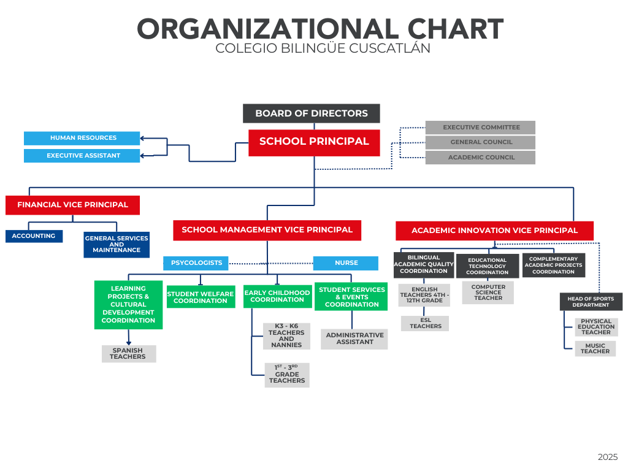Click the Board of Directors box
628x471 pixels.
tap(311, 113)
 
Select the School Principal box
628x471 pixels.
tap(314, 142)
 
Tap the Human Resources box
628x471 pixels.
tap(82, 138)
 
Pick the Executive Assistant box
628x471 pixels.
tap(82, 156)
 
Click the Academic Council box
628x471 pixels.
tap(480, 158)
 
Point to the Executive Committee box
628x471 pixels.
tap(480, 128)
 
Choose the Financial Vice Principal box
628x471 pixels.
tap(72, 205)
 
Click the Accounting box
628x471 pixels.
tap(34, 236)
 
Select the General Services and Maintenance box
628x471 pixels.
tap(117, 244)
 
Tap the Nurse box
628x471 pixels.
tap(346, 263)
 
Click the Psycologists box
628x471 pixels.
tap(196, 263)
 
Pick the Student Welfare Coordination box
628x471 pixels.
tap(201, 297)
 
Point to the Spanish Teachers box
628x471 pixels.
tap(129, 354)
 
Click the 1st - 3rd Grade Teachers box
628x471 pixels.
tap(287, 375)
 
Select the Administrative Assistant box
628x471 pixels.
tap(354, 339)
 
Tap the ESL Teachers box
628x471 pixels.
tap(425, 324)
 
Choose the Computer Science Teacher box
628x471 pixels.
tap(488, 293)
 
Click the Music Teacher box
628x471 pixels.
tap(595, 348)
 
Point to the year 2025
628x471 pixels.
tap(608, 457)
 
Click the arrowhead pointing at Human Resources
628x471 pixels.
tap(142, 138)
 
